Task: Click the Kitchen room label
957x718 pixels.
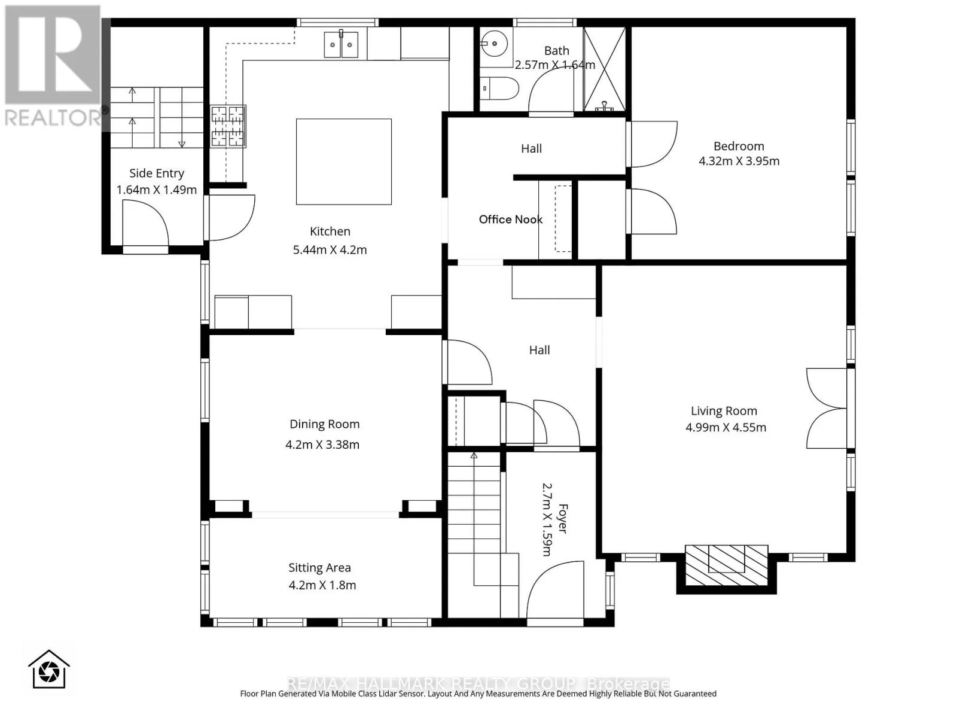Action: pos(330,231)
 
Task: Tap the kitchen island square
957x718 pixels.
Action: pos(343,162)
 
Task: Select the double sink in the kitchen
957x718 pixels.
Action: pos(341,44)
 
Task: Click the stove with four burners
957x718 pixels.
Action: pos(228,126)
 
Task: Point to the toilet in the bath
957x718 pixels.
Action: pos(499,89)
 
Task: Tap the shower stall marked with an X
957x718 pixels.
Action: pos(604,69)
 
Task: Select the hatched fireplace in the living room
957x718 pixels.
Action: pos(726,565)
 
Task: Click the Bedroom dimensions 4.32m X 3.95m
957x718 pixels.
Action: pos(739,161)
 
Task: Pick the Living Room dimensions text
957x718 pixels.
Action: pos(726,427)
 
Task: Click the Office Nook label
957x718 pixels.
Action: pos(511,219)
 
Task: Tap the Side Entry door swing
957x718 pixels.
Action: pos(145,223)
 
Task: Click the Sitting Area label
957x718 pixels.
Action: pos(319,567)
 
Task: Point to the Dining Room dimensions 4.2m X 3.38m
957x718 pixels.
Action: pos(322,444)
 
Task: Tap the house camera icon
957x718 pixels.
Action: pos(49,669)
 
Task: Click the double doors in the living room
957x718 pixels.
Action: pos(826,408)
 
